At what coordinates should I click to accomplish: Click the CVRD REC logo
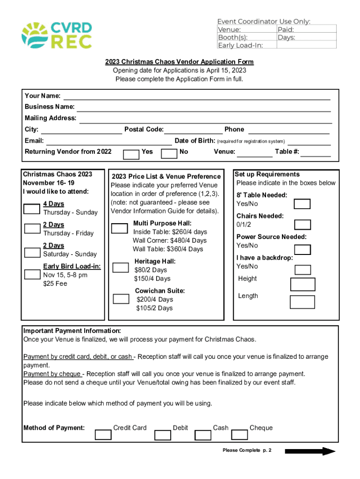(x=57, y=35)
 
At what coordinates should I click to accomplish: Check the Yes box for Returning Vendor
(x=131, y=154)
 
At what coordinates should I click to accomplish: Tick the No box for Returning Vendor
(x=168, y=154)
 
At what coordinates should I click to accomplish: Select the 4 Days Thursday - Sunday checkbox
(x=32, y=209)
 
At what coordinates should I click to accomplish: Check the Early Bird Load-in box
(x=32, y=274)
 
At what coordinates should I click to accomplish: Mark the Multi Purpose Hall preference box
(x=120, y=228)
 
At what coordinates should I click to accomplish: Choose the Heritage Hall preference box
(x=121, y=267)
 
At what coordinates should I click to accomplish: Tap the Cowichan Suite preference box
(x=121, y=298)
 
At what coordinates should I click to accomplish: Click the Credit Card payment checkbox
(x=103, y=435)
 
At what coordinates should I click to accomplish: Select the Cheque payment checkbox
(x=239, y=435)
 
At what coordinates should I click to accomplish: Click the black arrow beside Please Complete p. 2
(x=310, y=451)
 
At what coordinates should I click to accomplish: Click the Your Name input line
(x=196, y=96)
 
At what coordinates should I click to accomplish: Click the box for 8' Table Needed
(x=302, y=203)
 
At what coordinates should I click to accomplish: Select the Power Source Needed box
(x=302, y=246)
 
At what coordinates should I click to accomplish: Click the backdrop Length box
(x=302, y=302)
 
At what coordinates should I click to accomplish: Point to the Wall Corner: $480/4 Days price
(x=169, y=240)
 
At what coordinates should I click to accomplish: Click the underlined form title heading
(x=179, y=62)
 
